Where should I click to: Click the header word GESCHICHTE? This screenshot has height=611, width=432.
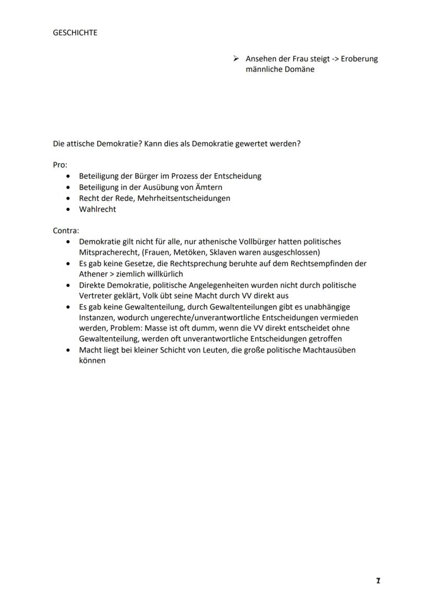[75, 32]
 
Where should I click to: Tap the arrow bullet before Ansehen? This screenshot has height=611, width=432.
[236, 58]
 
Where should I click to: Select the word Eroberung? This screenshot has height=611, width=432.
[359, 58]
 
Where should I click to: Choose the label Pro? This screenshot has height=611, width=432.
[60, 165]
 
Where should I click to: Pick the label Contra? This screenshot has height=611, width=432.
[66, 231]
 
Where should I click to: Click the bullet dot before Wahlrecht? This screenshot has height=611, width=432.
[68, 209]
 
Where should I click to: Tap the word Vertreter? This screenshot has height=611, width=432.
[95, 295]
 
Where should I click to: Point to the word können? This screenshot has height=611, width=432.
[92, 361]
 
